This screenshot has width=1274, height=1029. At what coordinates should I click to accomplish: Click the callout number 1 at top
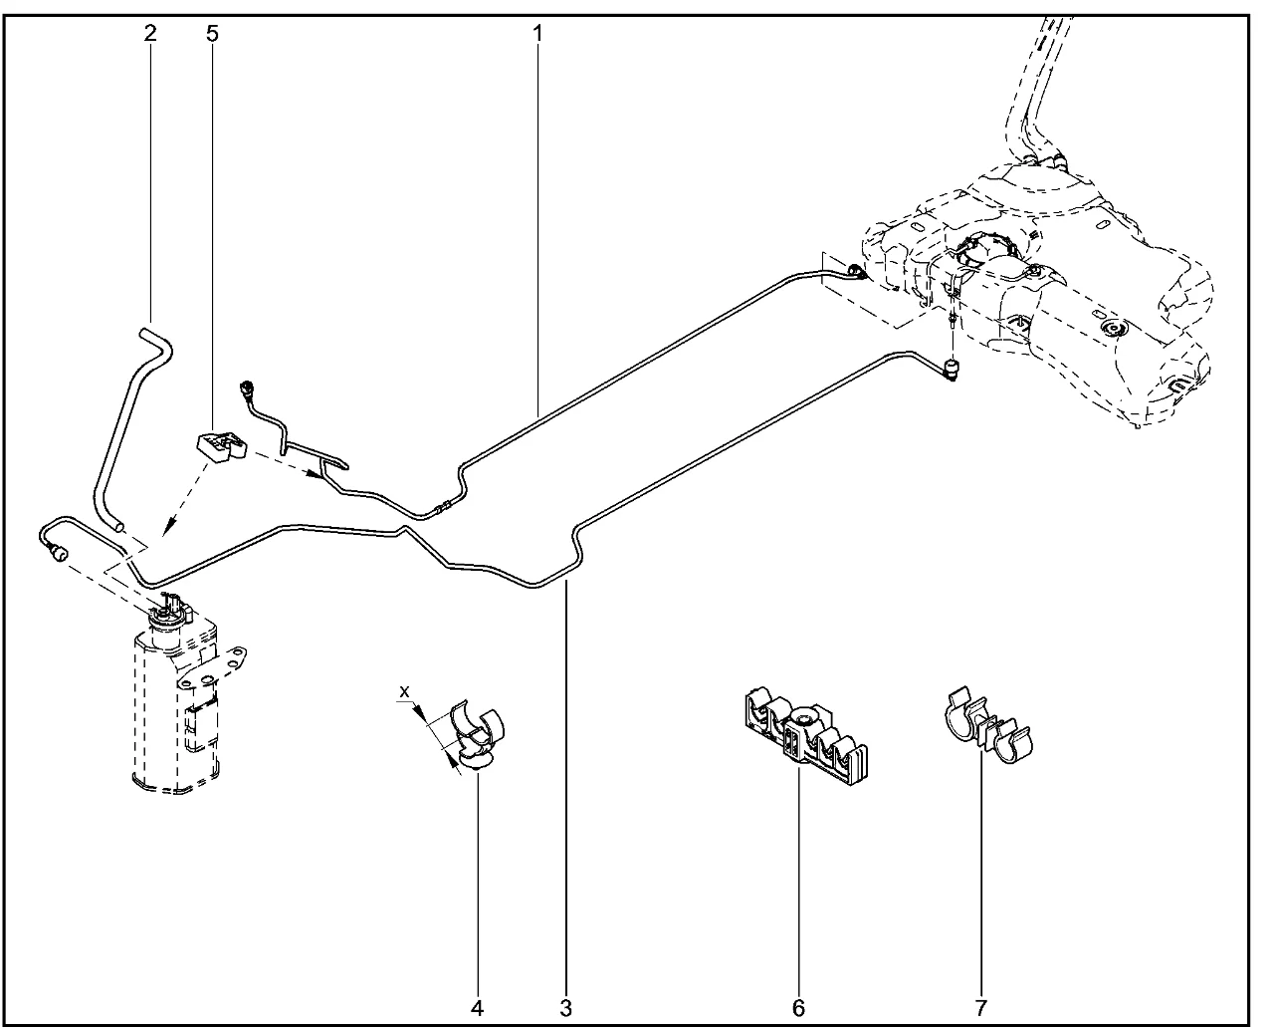[537, 33]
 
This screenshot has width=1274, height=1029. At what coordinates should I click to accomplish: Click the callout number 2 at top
[150, 33]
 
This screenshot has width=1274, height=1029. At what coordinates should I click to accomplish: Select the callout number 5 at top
[211, 33]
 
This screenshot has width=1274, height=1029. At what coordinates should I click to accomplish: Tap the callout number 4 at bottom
[478, 1007]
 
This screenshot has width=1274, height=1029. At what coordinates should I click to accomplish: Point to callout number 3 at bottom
[565, 1007]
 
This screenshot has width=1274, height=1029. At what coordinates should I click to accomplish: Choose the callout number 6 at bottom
[798, 1007]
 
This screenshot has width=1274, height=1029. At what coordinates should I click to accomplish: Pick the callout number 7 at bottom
[980, 1007]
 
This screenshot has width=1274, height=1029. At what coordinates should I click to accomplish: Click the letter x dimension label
[403, 690]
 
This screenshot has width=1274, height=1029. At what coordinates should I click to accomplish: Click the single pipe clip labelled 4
[476, 735]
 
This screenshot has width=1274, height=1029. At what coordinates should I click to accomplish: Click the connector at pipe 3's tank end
[953, 370]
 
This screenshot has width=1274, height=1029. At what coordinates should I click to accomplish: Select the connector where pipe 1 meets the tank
[855, 271]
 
